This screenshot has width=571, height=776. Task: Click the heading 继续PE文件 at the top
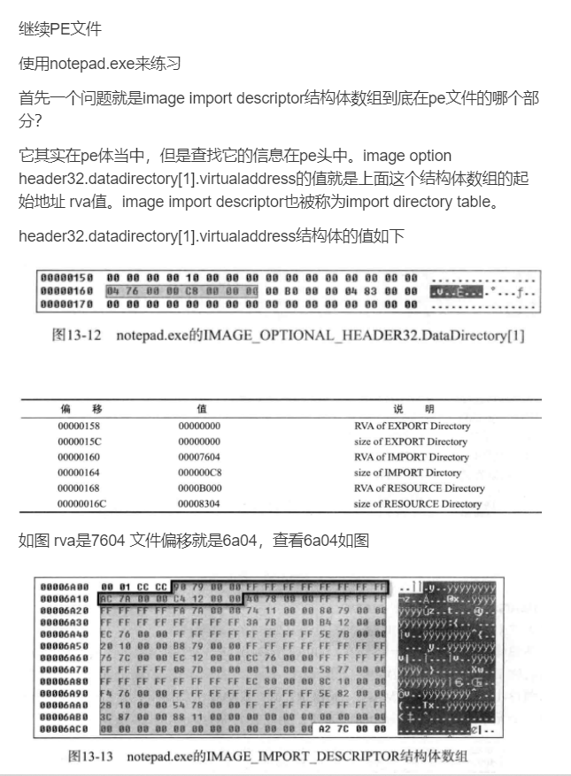tap(60, 29)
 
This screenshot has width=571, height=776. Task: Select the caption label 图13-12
tap(73, 336)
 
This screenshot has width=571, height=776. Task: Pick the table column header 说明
tap(411, 409)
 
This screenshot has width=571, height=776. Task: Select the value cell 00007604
tap(199, 457)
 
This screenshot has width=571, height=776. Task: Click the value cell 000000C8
tap(199, 473)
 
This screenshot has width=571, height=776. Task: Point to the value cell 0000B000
tap(199, 488)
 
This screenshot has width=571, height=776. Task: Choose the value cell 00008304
tap(199, 503)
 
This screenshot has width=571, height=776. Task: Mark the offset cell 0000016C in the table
tap(81, 503)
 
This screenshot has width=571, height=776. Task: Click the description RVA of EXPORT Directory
tap(412, 426)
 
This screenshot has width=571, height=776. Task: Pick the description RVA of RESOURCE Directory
tap(419, 488)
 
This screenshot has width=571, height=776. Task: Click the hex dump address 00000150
tap(66, 278)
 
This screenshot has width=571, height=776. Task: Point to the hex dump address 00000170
tap(66, 304)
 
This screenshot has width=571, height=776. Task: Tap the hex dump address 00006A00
tap(66, 587)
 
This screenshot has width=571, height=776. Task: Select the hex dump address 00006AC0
tap(66, 728)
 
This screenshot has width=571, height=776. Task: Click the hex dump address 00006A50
tap(66, 646)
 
